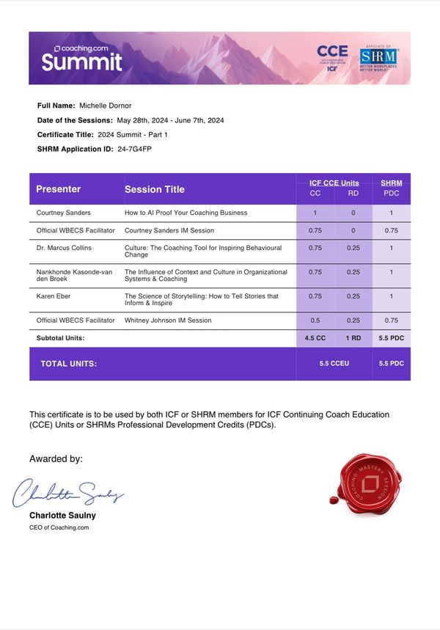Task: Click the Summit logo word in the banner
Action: click(x=81, y=62)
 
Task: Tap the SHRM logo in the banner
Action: click(x=378, y=58)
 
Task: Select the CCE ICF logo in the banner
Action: click(x=332, y=56)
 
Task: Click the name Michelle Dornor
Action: click(x=105, y=106)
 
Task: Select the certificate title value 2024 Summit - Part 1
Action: click(x=133, y=134)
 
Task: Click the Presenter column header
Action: click(x=59, y=189)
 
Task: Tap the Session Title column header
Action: click(x=155, y=189)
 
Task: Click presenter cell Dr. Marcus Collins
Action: click(x=64, y=248)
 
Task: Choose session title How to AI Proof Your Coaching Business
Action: click(x=186, y=213)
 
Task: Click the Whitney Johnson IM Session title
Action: click(x=168, y=321)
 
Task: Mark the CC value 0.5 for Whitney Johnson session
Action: click(x=315, y=321)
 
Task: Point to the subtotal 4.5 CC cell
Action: click(x=315, y=338)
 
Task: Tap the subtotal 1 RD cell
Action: click(x=353, y=338)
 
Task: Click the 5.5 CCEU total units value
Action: click(x=334, y=364)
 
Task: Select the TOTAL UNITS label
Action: click(x=68, y=364)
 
